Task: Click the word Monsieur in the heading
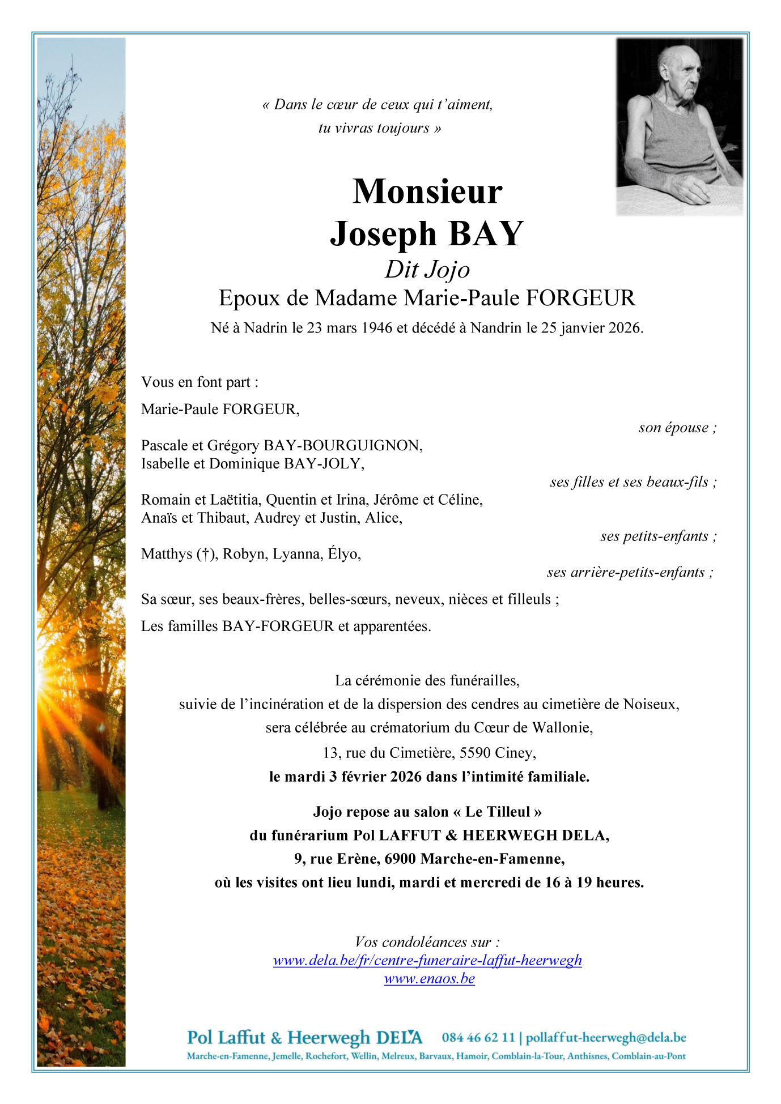pos(427,192)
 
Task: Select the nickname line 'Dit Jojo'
pos(427,270)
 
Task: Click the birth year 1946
pos(377,328)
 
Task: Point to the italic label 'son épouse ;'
pos(677,428)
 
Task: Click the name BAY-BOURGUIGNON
pos(343,446)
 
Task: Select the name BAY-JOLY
pos(324,464)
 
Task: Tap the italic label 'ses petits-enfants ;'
pos(659,536)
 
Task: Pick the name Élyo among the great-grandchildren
pos(344,553)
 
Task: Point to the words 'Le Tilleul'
pos(497,812)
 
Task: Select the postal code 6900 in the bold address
pos(400,859)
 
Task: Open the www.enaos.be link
pos(429,979)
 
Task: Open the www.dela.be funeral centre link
pos(427,961)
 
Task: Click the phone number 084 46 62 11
pos(478,1038)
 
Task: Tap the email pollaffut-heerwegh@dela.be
pos(606,1038)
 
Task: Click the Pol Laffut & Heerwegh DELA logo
pos(304,1038)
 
